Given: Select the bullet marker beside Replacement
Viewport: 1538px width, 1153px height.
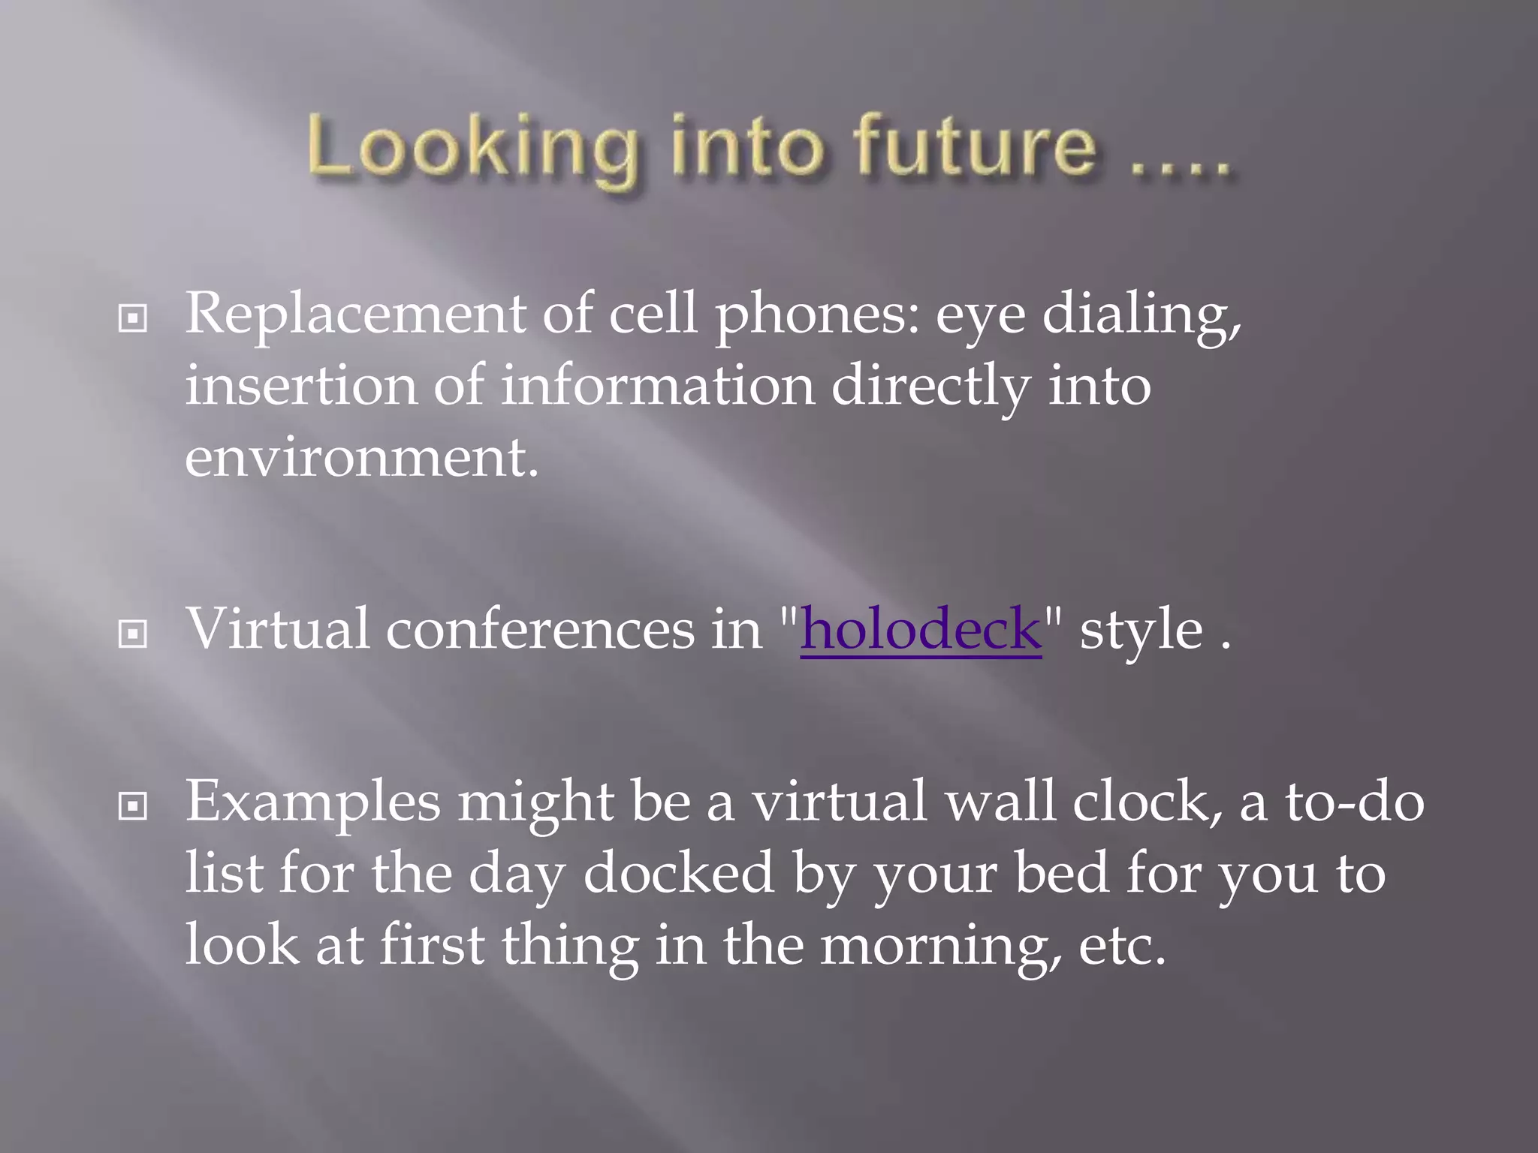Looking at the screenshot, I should (133, 318).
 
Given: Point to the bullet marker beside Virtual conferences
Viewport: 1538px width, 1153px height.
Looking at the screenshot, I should (133, 634).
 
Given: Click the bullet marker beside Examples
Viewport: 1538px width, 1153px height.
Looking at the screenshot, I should (133, 807).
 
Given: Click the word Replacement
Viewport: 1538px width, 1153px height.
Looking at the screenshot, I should (354, 314).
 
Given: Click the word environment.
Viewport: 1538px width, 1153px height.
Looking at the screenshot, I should (361, 458).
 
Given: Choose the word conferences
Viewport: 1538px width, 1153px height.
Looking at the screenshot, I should (540, 629).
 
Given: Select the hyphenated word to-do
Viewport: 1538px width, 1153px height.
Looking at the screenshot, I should (1354, 802).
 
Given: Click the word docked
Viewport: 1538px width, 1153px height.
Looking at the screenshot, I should (678, 873).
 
